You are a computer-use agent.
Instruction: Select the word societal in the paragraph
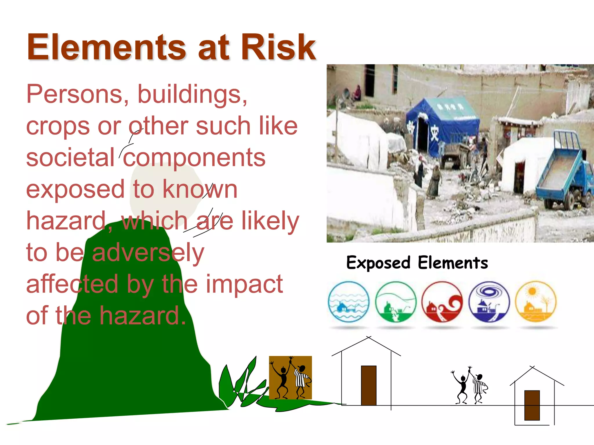pyautogui.click(x=70, y=157)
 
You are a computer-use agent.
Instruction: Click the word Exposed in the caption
pyautogui.click(x=378, y=263)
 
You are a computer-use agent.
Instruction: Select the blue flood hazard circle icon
pyautogui.click(x=349, y=302)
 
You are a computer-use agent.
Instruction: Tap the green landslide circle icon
pyautogui.click(x=396, y=302)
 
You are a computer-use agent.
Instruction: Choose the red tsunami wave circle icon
pyautogui.click(x=442, y=302)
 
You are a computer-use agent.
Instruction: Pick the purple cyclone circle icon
pyautogui.click(x=489, y=302)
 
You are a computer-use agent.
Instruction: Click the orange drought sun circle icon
pyautogui.click(x=536, y=302)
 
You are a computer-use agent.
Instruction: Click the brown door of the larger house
pyautogui.click(x=369, y=385)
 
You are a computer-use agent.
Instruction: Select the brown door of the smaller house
pyautogui.click(x=532, y=405)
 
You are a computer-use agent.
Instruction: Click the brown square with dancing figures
pyautogui.click(x=290, y=377)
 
